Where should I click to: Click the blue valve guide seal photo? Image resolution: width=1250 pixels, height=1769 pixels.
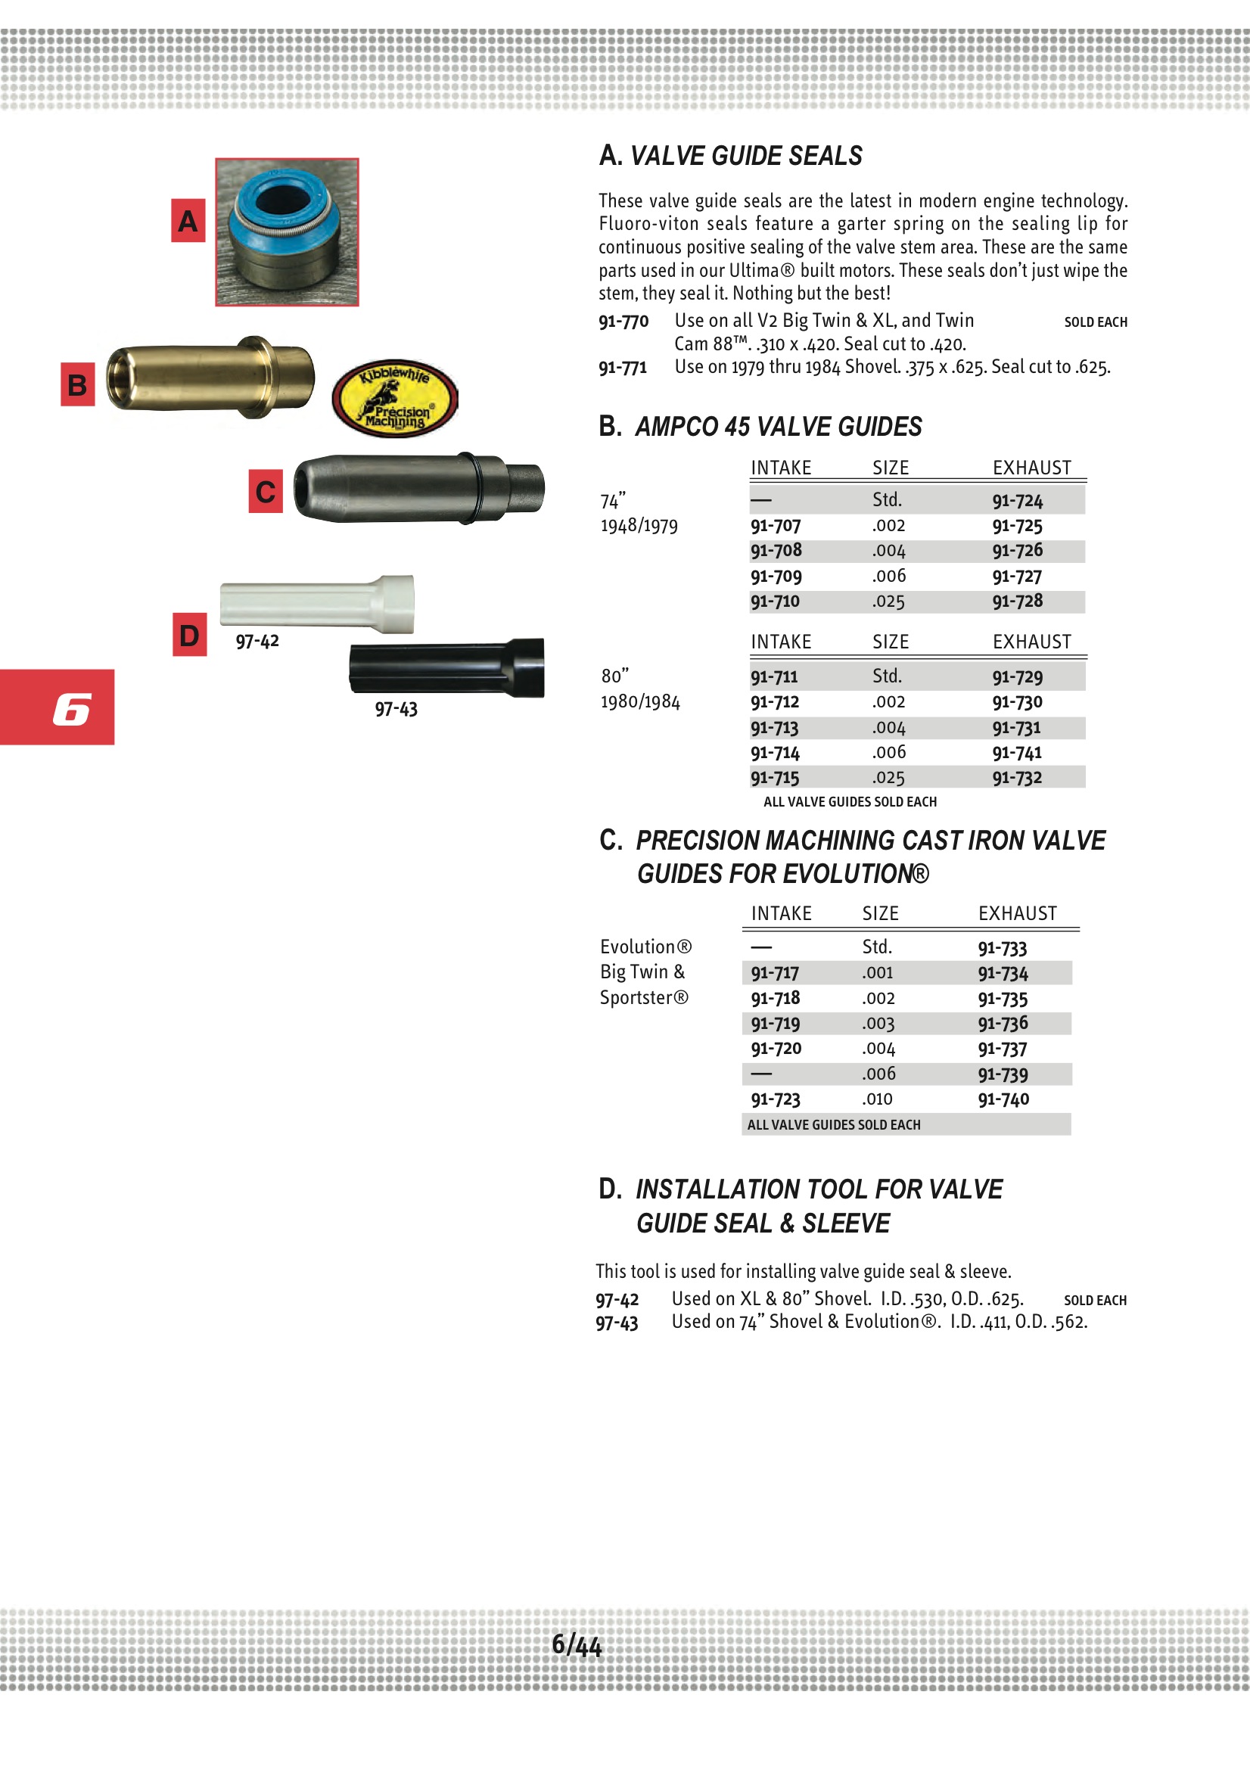pos(287,232)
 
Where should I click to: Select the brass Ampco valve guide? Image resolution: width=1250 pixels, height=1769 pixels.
pos(210,378)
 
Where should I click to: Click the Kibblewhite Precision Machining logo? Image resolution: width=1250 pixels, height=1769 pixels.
pos(394,398)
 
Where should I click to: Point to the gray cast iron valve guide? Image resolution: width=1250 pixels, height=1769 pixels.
pos(418,489)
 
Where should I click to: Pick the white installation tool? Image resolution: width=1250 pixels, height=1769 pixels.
pos(317,603)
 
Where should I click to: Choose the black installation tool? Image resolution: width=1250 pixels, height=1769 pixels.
pos(446,667)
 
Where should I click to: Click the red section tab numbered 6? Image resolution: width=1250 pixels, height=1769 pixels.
pos(58,707)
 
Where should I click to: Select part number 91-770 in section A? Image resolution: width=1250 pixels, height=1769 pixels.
pos(623,322)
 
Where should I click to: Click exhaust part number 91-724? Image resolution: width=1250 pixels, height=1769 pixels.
pos(1017,501)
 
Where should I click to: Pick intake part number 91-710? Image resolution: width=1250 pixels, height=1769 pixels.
pos(776,602)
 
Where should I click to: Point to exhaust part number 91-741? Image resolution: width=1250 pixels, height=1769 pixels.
pos(1016,753)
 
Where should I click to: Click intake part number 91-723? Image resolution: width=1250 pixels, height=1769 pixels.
pos(776,1099)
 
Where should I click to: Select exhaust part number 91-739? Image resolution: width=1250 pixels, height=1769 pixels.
pos(1003,1074)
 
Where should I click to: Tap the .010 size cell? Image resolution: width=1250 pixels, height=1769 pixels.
pos(877,1099)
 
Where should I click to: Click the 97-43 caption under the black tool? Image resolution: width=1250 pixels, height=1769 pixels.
pos(396,709)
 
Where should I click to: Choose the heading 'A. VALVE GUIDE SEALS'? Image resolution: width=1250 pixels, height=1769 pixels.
pos(731,157)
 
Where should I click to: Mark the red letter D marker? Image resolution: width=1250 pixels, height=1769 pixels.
pos(190,635)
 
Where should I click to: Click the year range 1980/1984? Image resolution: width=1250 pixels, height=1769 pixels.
pos(640,702)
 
